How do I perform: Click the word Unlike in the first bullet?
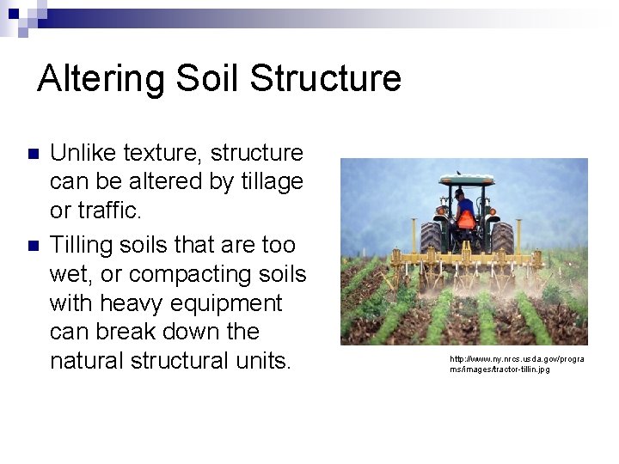pyautogui.click(x=83, y=153)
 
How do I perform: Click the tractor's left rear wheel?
pyautogui.click(x=429, y=239)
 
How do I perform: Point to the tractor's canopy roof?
pyautogui.click(x=466, y=180)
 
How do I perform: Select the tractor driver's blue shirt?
pyautogui.click(x=465, y=206)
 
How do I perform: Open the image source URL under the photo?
pyautogui.click(x=516, y=363)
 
